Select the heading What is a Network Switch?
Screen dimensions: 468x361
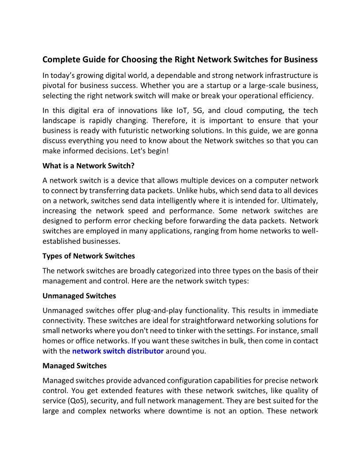point(85,166)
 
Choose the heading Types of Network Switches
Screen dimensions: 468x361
point(88,256)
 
